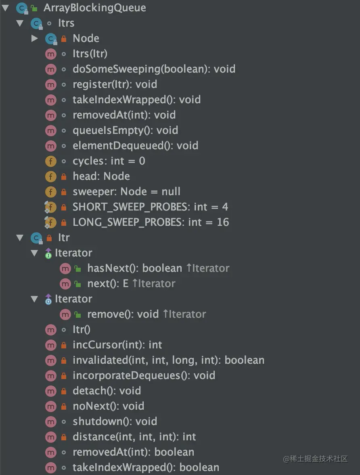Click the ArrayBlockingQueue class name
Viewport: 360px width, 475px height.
pos(94,8)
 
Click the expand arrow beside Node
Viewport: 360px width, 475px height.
pos(35,38)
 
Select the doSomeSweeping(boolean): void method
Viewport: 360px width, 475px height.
pos(154,69)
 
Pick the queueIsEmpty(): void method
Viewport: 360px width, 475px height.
pos(125,130)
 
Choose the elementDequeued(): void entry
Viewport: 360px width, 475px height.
pos(135,146)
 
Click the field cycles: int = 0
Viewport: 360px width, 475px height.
pos(109,161)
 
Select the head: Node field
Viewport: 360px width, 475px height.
pos(101,176)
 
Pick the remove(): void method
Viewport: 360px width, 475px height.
pos(123,314)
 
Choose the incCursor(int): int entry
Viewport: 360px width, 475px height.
pos(117,345)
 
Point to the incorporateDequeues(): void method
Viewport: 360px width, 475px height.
pos(144,375)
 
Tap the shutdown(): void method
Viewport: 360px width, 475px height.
pos(115,421)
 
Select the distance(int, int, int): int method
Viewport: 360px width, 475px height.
pos(134,437)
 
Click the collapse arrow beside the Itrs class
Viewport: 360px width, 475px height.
pos(20,23)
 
